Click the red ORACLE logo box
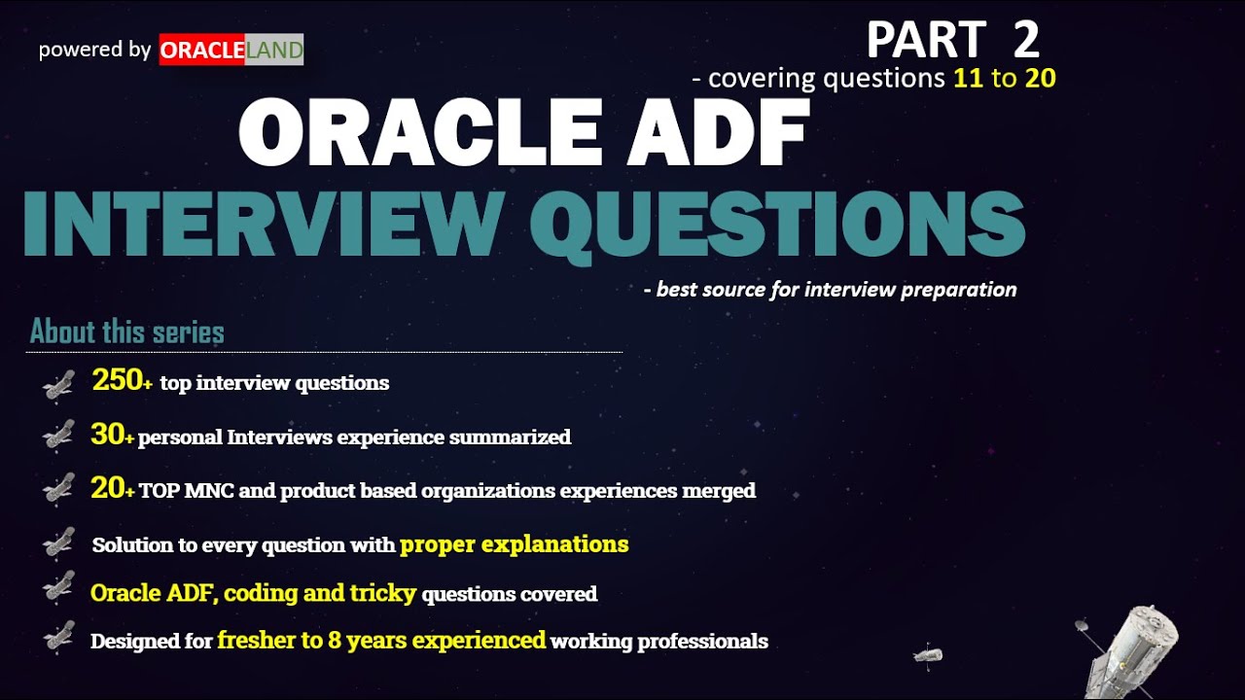(201, 51)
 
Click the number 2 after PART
(1025, 41)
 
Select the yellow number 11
(968, 79)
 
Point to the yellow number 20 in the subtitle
(1040, 79)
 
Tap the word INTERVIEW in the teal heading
(261, 224)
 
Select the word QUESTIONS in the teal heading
(778, 224)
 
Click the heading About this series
(127, 332)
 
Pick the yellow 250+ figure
(123, 381)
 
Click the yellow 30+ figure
(112, 435)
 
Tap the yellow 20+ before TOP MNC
(112, 489)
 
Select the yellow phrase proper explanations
(514, 543)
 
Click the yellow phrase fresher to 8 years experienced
(381, 640)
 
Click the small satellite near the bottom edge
(927, 654)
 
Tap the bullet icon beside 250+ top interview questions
(58, 384)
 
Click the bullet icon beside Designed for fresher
(58, 638)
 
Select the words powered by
(94, 50)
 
